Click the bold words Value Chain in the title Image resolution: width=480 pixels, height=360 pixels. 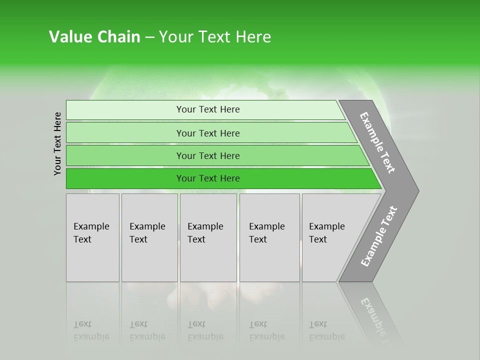coord(94,37)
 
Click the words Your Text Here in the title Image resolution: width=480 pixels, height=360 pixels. coord(214,37)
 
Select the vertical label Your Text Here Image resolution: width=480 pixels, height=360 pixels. coord(57,143)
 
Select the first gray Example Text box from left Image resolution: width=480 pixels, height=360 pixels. coord(92,237)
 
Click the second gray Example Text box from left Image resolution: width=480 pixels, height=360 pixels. coord(149,237)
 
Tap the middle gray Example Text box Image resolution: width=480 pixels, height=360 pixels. coord(208,237)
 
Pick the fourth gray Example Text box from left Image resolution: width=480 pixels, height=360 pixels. coord(269,237)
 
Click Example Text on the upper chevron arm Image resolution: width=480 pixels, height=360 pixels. coord(377,142)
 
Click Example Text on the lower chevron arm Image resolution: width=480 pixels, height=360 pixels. coord(379,236)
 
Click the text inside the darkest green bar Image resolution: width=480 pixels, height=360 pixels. coord(208,178)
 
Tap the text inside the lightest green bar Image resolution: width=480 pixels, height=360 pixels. coord(208,109)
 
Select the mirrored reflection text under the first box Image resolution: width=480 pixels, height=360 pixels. coord(91,331)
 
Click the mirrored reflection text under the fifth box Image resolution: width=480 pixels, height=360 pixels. coord(327,331)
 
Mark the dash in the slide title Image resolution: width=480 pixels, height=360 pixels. coord(149,37)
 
